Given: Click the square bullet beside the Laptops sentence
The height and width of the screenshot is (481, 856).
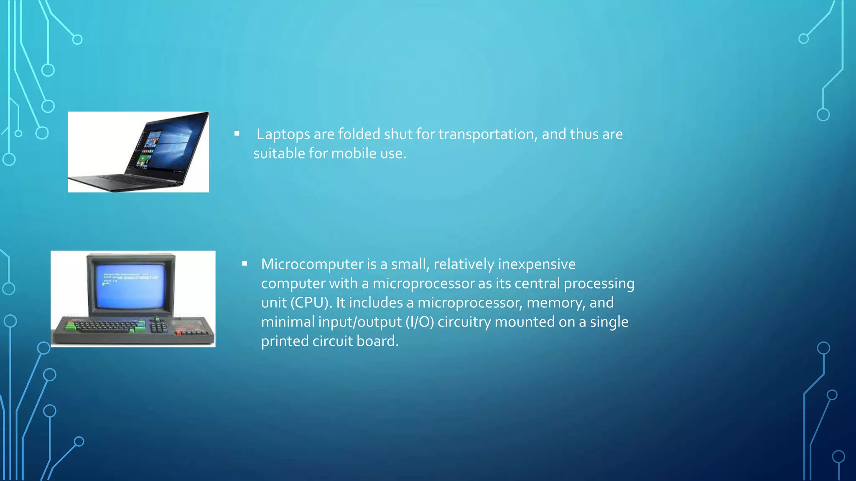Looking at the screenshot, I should [237, 134].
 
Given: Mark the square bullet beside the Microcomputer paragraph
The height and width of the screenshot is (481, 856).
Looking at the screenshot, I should [245, 263].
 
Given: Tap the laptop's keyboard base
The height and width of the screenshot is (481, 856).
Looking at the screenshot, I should [125, 180].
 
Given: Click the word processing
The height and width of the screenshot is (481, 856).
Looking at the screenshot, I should [599, 283].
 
